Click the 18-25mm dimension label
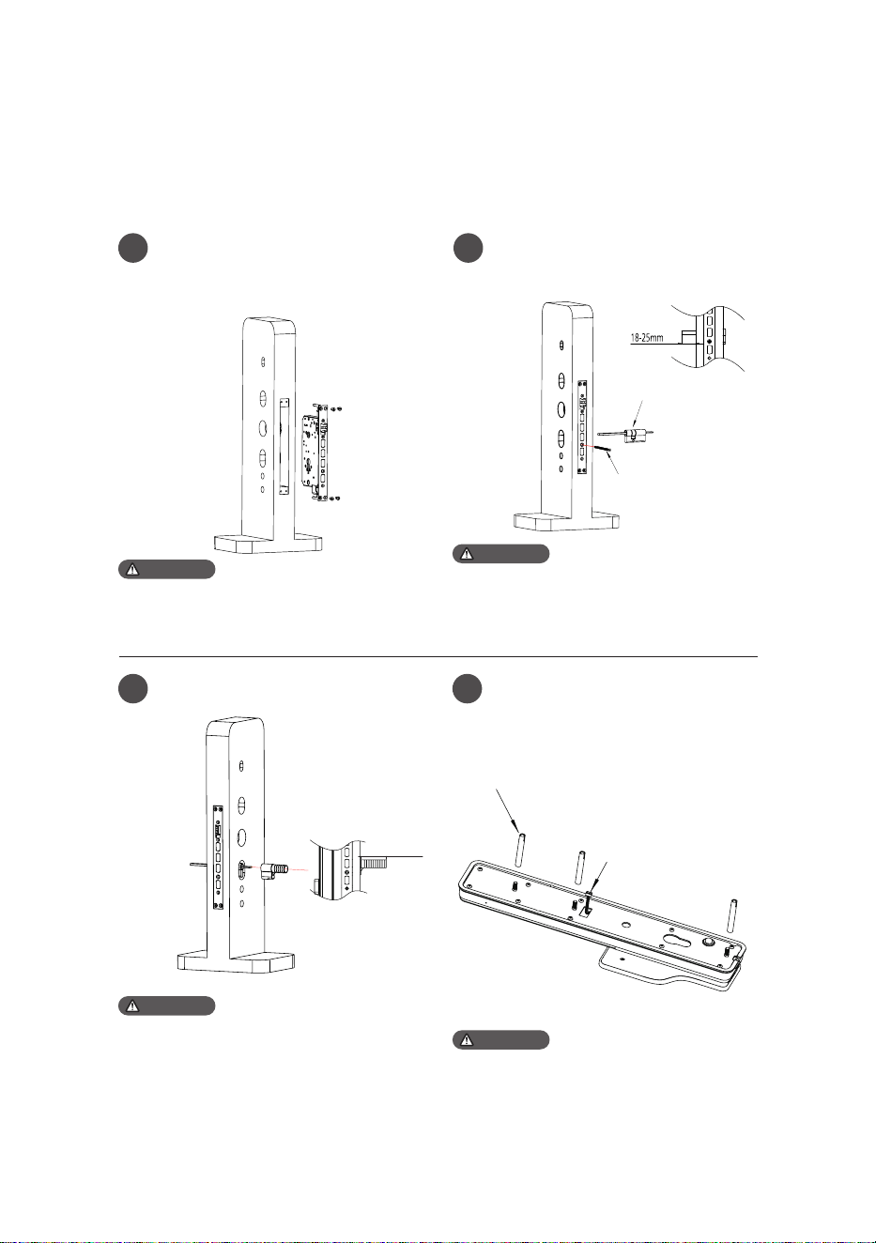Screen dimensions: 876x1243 tap(647, 337)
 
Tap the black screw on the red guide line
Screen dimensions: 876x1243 tap(604, 449)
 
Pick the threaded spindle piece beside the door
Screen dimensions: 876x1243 tap(273, 870)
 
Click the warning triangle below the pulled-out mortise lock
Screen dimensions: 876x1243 tap(132, 569)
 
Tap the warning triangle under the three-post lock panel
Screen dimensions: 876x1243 tap(467, 1040)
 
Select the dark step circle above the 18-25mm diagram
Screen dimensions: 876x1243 tap(468, 248)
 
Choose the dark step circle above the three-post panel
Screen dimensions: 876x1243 tap(468, 689)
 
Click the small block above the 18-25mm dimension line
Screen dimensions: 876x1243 tap(689, 336)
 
